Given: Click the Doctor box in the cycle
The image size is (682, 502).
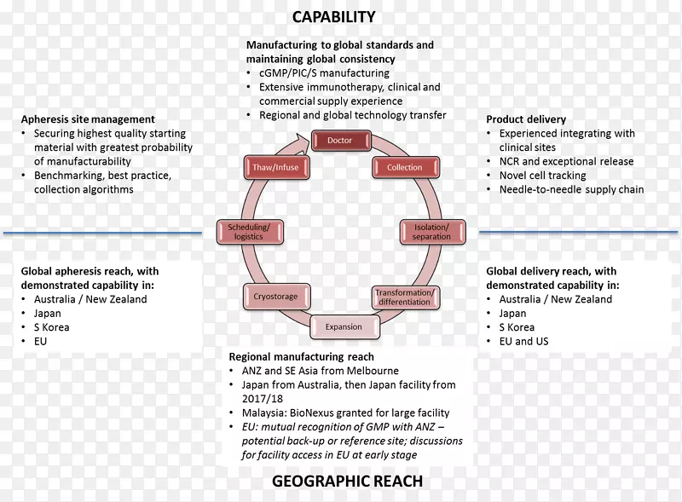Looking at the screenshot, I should coord(340,141).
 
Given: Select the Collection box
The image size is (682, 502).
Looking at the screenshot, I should coord(404,167).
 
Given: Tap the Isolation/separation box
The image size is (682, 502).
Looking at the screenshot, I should coord(431,232).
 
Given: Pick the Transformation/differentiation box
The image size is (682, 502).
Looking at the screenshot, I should coord(405,297).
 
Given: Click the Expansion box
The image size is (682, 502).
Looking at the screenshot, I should coord(344,326).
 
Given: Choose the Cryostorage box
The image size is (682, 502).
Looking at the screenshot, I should coord(275,297).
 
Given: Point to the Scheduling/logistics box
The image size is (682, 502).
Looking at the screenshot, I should coord(249,232).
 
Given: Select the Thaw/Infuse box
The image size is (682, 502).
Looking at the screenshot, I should coord(275,167).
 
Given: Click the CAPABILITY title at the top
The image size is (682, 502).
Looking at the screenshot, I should coord(333,17).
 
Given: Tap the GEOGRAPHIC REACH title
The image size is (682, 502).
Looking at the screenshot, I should coord(347,482).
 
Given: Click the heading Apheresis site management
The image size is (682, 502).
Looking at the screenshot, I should coord(88,119).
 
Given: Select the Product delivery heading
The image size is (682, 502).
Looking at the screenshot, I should coord(526,119).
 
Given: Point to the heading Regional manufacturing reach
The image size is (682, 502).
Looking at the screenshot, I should coord(301,357).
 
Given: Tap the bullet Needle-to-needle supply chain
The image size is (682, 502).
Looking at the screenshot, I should coord(571,189).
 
